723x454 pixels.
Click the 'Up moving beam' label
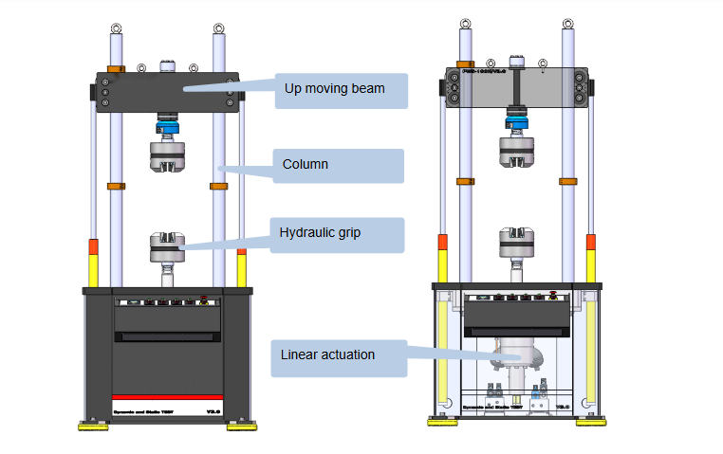click(x=334, y=89)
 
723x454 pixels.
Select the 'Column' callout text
click(x=306, y=164)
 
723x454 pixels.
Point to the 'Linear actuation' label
click(x=327, y=355)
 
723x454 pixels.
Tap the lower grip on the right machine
click(x=517, y=244)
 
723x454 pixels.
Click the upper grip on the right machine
click(x=517, y=152)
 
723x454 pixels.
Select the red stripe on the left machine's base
click(x=167, y=396)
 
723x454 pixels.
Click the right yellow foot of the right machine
click(x=589, y=422)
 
